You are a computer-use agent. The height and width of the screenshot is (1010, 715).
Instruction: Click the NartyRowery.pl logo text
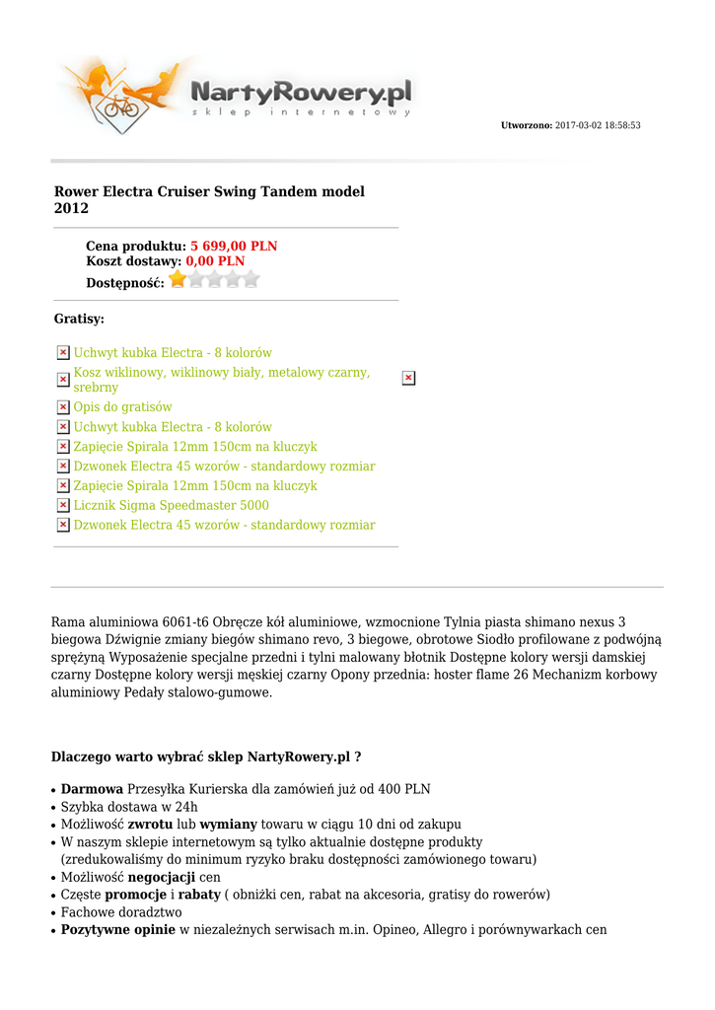click(300, 94)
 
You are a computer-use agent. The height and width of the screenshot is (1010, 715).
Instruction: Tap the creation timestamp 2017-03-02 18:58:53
click(598, 125)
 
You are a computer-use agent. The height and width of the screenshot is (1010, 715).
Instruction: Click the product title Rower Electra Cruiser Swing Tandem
click(209, 199)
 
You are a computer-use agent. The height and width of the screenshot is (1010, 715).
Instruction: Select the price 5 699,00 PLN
click(234, 246)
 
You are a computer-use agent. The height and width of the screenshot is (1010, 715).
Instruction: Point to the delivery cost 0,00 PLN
click(215, 261)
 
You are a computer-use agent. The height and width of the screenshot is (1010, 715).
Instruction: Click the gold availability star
click(178, 280)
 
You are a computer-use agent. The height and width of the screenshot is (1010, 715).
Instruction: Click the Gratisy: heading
click(79, 319)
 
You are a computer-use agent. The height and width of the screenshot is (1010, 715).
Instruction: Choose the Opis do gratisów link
click(122, 406)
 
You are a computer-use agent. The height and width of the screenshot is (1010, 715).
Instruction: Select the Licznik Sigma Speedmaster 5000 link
click(171, 505)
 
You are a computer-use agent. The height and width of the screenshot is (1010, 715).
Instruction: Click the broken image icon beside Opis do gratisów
click(63, 406)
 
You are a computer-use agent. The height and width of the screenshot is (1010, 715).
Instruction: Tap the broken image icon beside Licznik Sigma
click(63, 505)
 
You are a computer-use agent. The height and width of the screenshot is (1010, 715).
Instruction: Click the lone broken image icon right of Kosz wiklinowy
click(408, 378)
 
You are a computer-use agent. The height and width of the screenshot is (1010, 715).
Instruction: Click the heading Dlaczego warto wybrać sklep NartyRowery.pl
click(205, 757)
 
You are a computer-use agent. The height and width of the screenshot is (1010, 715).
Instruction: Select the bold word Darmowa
click(92, 789)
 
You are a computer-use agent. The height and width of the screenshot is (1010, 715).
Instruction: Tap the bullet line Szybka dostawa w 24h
click(129, 807)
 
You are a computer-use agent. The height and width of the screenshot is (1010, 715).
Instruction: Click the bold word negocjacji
click(162, 877)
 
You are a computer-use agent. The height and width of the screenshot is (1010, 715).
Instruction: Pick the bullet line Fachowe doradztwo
click(121, 912)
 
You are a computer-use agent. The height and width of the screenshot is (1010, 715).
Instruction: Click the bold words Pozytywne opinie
click(117, 930)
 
